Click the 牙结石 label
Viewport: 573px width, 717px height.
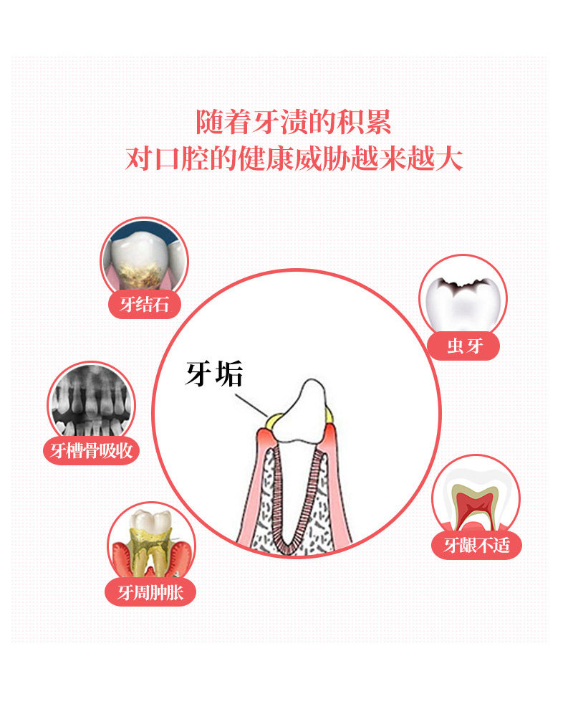click(x=144, y=305)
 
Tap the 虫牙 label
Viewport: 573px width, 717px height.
click(x=463, y=346)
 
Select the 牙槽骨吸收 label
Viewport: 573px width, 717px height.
click(x=91, y=450)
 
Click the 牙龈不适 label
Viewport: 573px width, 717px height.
click(x=476, y=546)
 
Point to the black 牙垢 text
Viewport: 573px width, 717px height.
click(x=214, y=374)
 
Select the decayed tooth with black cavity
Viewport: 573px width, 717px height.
click(x=463, y=298)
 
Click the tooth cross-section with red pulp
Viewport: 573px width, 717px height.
click(x=476, y=498)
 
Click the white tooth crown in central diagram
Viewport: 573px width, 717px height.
click(x=304, y=416)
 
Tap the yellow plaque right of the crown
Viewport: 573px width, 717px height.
click(x=329, y=414)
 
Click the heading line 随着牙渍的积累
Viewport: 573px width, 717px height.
click(x=294, y=121)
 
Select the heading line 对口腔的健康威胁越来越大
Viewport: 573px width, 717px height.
click(x=294, y=158)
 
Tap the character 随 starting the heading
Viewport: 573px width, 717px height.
click(x=210, y=121)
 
